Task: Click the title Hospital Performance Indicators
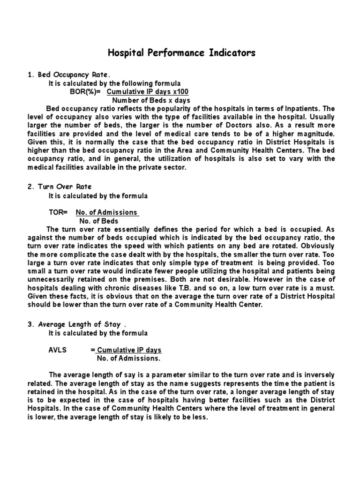(x=182, y=52)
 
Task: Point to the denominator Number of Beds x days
(x=145, y=100)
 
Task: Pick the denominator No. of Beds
(x=99, y=221)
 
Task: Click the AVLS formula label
(x=58, y=350)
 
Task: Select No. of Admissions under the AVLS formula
(x=128, y=358)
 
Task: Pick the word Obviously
(x=315, y=246)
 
